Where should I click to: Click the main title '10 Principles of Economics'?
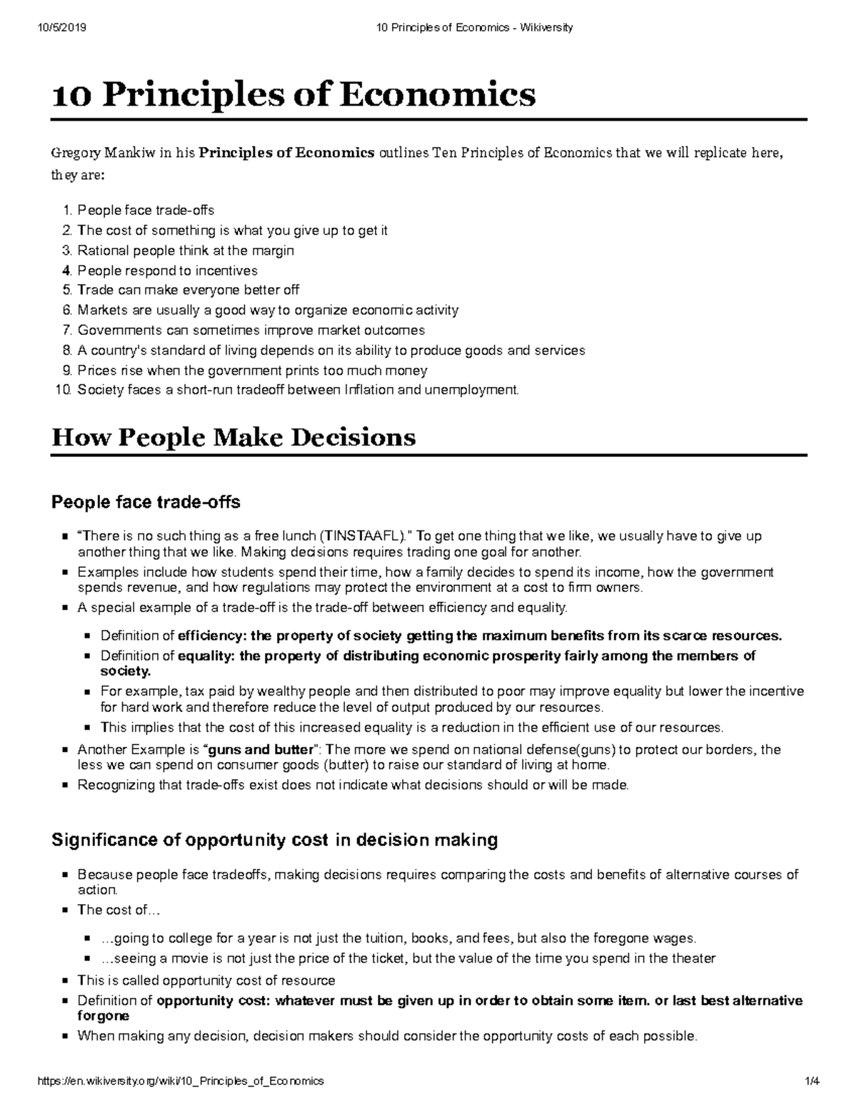(294, 94)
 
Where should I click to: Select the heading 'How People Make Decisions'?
(234, 436)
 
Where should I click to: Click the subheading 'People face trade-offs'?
(146, 503)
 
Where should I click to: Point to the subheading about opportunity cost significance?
(274, 840)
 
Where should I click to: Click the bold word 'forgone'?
(103, 1015)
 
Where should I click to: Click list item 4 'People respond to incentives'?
(167, 271)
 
